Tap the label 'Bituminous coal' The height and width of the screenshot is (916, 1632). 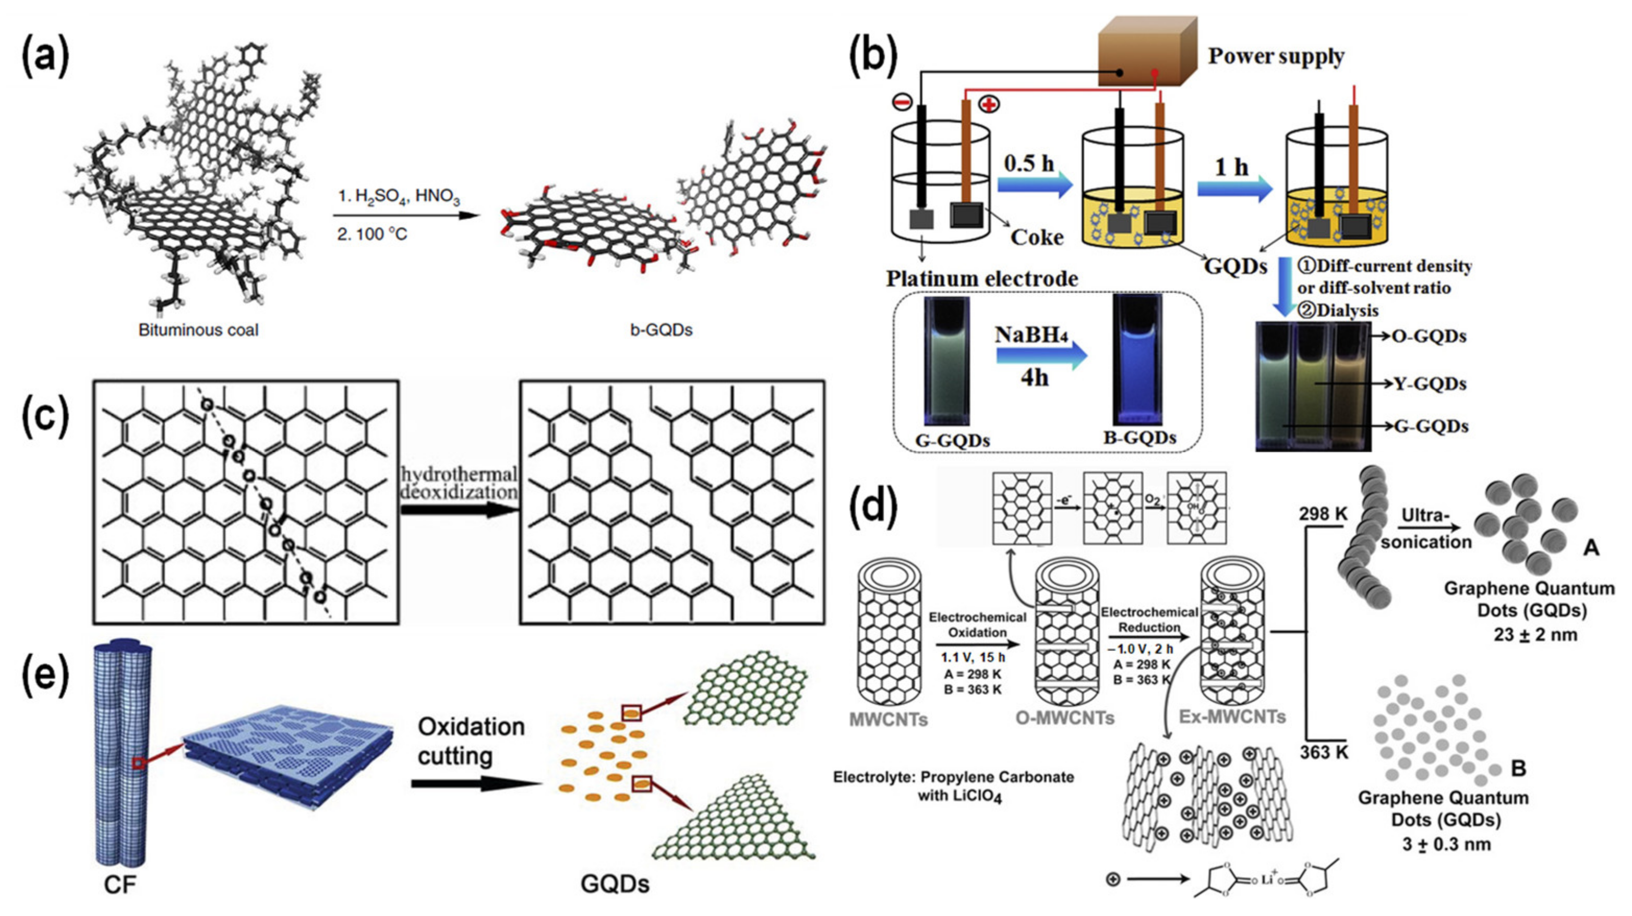(198, 330)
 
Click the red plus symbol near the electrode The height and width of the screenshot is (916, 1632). (988, 104)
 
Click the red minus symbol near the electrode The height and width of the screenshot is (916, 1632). (902, 101)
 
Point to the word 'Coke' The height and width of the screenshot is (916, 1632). (1037, 237)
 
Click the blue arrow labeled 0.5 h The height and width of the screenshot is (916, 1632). (1034, 186)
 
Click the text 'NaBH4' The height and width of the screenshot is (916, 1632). (1034, 334)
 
